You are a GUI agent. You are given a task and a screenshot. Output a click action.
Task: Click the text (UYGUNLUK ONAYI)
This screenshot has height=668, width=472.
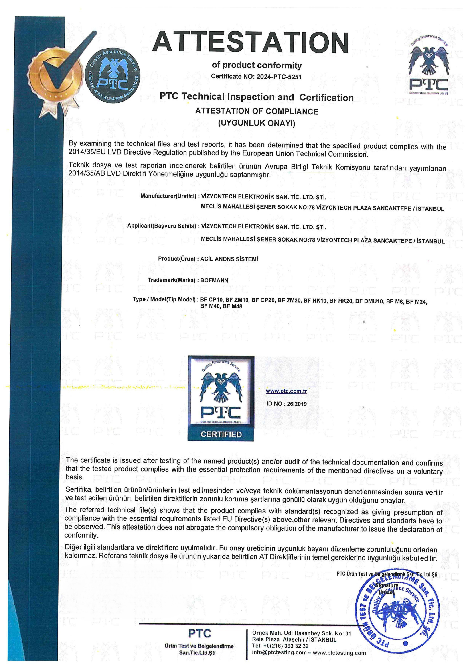point(257,123)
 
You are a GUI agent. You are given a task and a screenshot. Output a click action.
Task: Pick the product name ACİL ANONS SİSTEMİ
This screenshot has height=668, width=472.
point(229,259)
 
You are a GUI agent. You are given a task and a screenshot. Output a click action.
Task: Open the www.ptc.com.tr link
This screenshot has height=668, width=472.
point(286,391)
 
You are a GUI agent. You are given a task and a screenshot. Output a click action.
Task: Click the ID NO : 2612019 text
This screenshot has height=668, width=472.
point(286,404)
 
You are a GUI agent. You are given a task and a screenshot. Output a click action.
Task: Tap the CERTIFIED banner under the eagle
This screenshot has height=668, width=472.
point(221,434)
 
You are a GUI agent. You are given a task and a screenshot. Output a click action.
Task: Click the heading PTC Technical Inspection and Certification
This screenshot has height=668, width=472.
point(257,97)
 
